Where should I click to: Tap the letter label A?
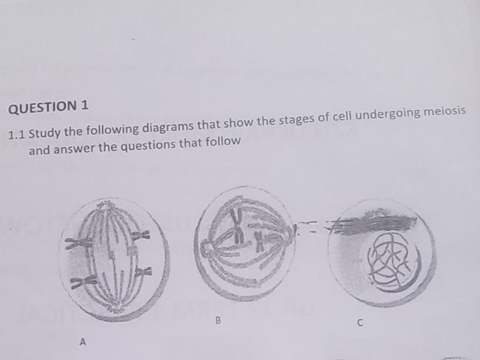[82, 342]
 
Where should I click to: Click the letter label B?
[218, 321]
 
